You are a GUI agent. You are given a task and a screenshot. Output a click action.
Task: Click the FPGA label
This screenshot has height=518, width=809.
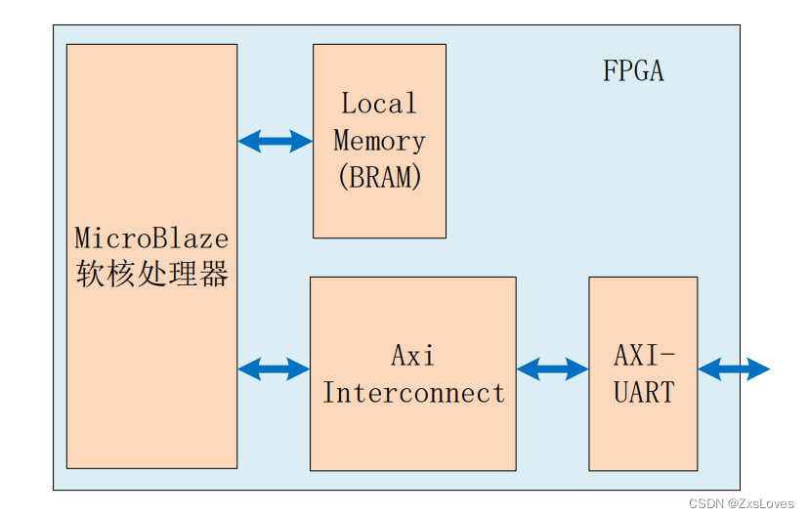click(632, 72)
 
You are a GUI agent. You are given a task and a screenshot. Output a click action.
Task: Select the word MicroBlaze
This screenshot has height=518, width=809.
click(151, 238)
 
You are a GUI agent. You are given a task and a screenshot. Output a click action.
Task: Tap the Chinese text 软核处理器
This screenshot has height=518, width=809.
click(151, 275)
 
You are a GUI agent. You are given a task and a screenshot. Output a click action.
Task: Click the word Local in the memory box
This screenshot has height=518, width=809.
click(379, 104)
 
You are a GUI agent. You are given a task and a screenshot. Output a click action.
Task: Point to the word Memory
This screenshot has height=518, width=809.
click(379, 141)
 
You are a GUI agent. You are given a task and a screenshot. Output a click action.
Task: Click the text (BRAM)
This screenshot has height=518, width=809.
click(379, 177)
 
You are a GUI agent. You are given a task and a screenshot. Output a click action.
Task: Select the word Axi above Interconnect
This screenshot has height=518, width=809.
click(412, 356)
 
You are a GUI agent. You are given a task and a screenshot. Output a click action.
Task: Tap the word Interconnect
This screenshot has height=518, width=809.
click(413, 393)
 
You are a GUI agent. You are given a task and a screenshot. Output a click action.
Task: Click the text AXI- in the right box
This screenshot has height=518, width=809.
click(644, 356)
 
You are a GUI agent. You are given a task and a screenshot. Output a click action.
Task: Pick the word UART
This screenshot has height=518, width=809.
click(644, 393)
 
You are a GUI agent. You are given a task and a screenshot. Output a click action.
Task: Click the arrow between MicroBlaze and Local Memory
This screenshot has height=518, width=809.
click(275, 142)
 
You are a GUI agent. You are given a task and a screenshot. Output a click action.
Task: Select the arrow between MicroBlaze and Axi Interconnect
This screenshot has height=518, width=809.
click(274, 369)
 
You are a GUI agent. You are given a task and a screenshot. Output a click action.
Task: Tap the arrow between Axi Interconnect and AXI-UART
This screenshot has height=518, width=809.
click(552, 369)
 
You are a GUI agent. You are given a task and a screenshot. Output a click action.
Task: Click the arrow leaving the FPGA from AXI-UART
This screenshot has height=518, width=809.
click(734, 369)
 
